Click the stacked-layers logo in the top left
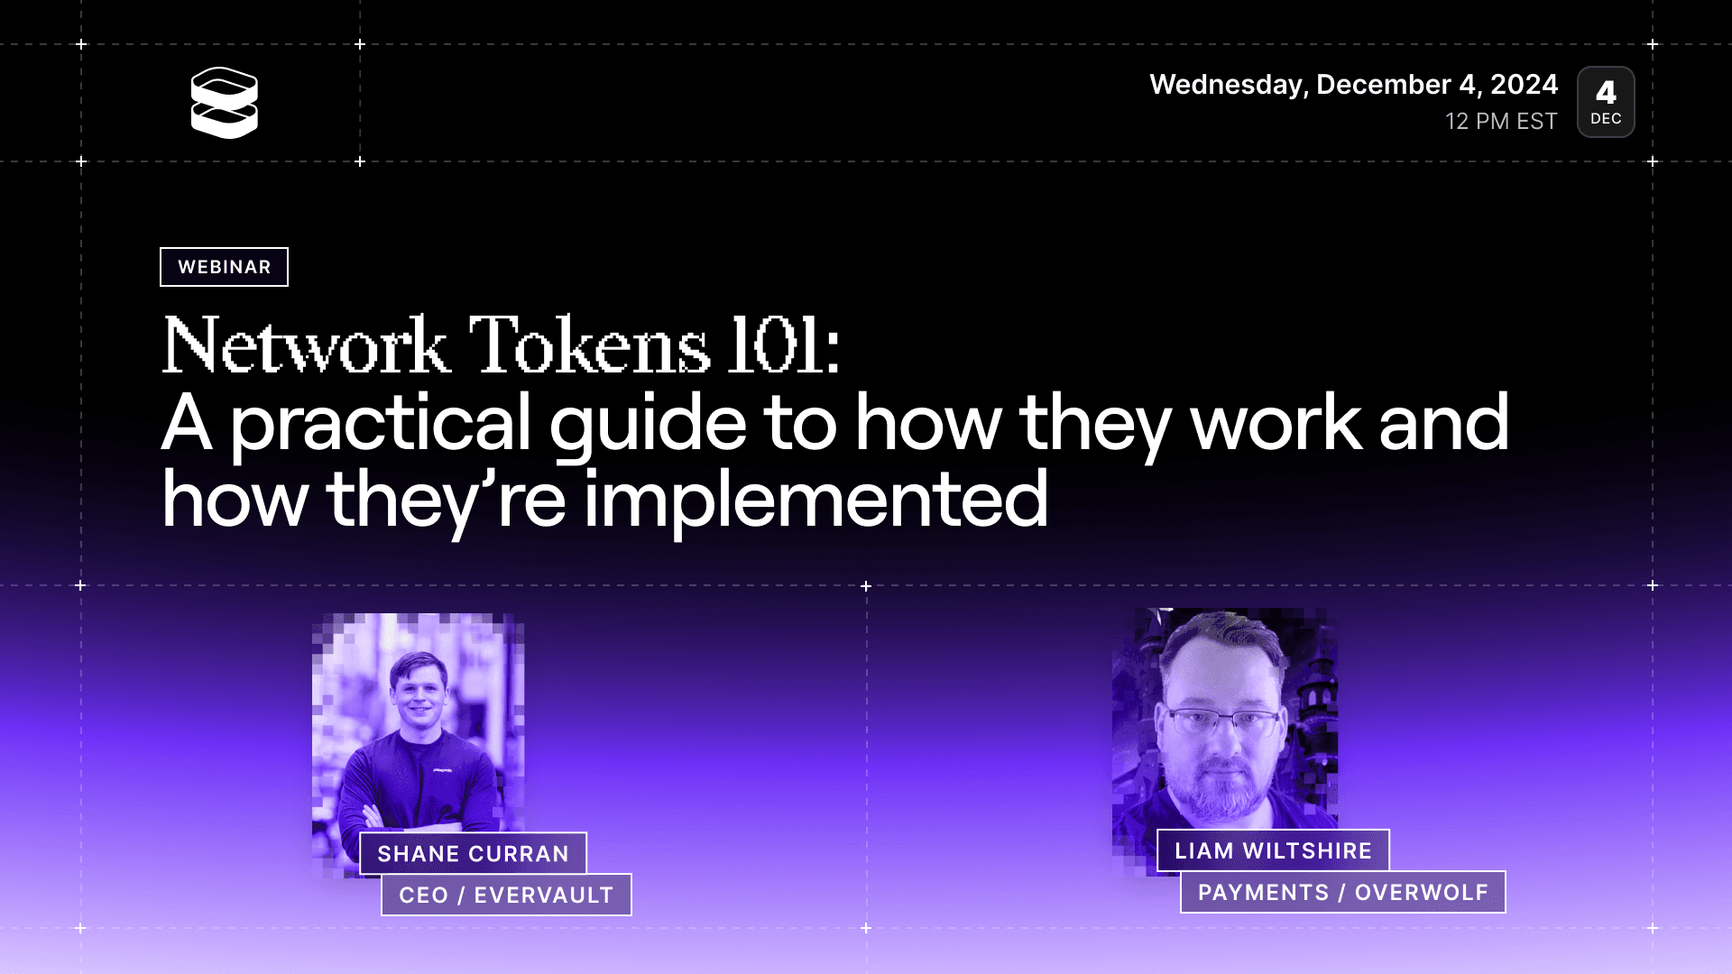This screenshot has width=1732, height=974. [225, 103]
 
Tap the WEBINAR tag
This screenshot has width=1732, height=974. [224, 267]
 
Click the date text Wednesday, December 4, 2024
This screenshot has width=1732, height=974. [1353, 85]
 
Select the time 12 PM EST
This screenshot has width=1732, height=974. [1501, 121]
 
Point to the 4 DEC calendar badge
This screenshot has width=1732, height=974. [1606, 102]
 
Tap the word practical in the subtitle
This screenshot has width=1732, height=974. [380, 425]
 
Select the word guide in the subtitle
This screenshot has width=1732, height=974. [648, 425]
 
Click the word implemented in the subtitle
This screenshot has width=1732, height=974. [815, 501]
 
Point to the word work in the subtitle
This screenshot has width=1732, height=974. [1276, 423]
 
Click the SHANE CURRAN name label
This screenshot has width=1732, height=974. [474, 853]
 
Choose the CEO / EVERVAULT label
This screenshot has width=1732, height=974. [506, 895]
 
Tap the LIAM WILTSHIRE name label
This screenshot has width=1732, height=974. [1273, 850]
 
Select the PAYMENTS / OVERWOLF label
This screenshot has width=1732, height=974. [1343, 892]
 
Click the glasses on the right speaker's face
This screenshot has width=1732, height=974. [1224, 722]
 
